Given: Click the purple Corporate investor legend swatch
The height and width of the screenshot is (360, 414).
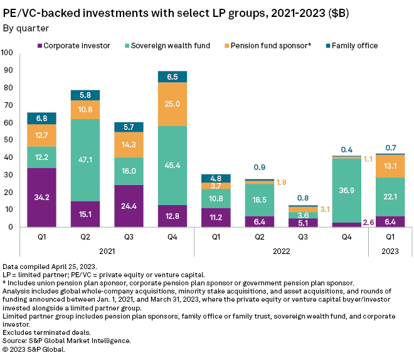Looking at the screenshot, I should [x=40, y=46].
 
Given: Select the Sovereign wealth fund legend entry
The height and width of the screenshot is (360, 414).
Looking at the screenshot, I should [x=164, y=46].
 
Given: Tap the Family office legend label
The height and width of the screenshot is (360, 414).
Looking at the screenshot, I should [x=354, y=46].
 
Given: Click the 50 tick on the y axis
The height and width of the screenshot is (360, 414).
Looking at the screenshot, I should [x=9, y=140].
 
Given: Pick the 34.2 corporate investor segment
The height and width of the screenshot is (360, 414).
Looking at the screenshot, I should [x=42, y=197].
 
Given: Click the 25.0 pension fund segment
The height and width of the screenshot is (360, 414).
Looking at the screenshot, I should [x=172, y=104].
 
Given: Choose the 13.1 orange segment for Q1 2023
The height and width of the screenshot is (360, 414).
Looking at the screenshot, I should [x=390, y=166].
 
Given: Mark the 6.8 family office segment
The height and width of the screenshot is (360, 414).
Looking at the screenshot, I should [x=42, y=119].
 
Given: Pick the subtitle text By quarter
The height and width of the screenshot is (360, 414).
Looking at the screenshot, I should [x=26, y=28].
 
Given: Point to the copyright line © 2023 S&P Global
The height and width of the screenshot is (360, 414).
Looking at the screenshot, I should [x=34, y=349].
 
